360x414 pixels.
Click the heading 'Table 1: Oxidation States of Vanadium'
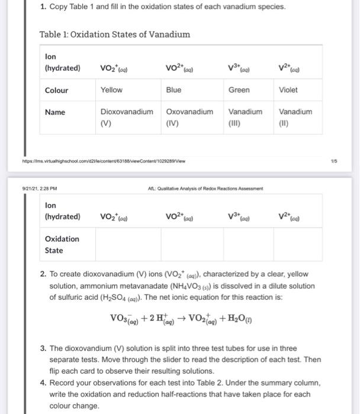[x=114, y=34]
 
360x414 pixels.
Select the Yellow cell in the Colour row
[x=111, y=90]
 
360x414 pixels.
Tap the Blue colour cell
[x=174, y=90]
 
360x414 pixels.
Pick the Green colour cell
[x=239, y=90]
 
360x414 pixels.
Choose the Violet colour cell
[x=288, y=90]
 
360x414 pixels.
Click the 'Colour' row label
[x=57, y=90]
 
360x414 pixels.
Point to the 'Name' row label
[x=55, y=112]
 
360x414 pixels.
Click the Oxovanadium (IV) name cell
[x=189, y=117]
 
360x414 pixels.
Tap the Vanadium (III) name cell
[x=245, y=117]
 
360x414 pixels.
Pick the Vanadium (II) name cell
[x=295, y=117]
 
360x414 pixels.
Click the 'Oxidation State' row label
[x=62, y=244]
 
